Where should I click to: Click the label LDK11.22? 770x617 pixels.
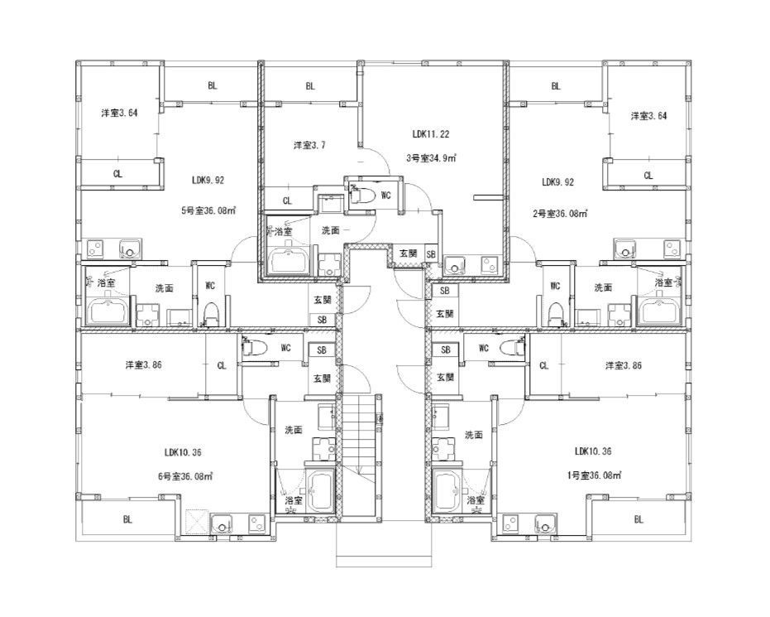[x=430, y=133]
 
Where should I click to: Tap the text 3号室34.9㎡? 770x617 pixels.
[x=431, y=158]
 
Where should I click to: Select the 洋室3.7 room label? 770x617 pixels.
[x=309, y=145]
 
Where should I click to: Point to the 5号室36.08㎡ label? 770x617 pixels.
[x=208, y=211]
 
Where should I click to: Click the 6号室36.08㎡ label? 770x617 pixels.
[x=185, y=476]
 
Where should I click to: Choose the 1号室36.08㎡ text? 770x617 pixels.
[x=594, y=475]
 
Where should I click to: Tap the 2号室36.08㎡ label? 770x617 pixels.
[x=560, y=214]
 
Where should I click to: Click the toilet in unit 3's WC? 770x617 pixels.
[x=362, y=195]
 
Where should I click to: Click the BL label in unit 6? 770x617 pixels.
[x=127, y=519]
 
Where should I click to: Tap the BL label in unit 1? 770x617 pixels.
[x=638, y=519]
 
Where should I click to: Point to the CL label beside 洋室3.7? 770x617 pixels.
[x=287, y=200]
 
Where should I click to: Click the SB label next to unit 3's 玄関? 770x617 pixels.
[x=431, y=254]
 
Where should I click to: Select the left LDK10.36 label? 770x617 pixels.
[x=183, y=452]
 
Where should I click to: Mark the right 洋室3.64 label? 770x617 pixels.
[x=648, y=116]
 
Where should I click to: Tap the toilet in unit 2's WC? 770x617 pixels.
[x=555, y=314]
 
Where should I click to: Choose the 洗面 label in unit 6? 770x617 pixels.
[x=294, y=430]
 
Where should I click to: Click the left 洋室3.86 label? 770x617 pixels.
[x=143, y=364]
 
